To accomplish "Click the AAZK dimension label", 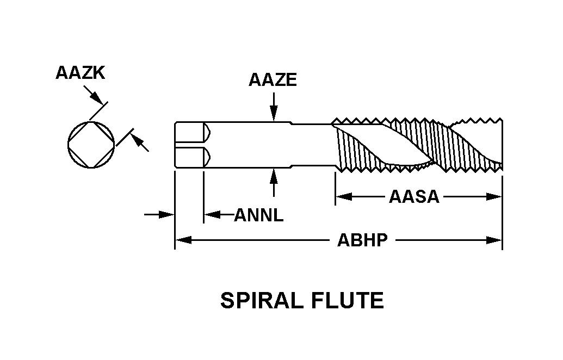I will (80, 73).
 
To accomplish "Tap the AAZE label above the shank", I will (273, 80).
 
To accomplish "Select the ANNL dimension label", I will (259, 215).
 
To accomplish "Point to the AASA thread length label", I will (414, 196).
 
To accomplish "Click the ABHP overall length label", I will (363, 240).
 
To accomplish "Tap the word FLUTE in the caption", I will (351, 300).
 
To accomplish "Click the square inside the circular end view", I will (91, 144).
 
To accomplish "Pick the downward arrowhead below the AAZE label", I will (273, 113).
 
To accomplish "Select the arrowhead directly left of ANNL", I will (211, 215).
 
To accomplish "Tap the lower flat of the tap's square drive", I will (190, 157).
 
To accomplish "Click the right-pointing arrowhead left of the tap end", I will (167, 215).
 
